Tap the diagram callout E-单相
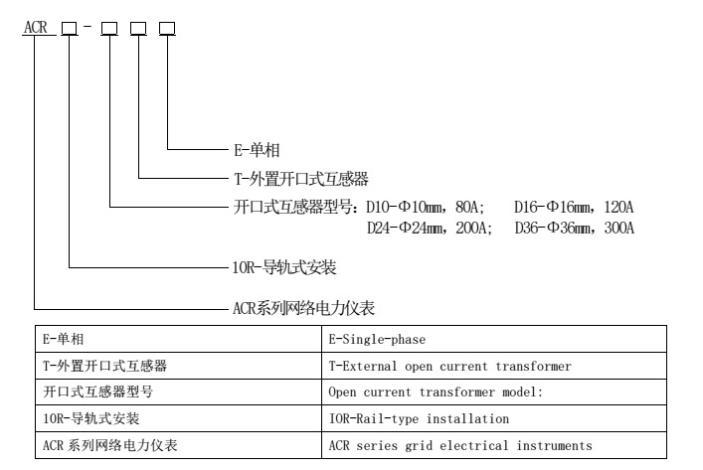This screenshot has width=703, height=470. point(256,150)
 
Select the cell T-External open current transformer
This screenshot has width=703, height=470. point(449,367)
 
